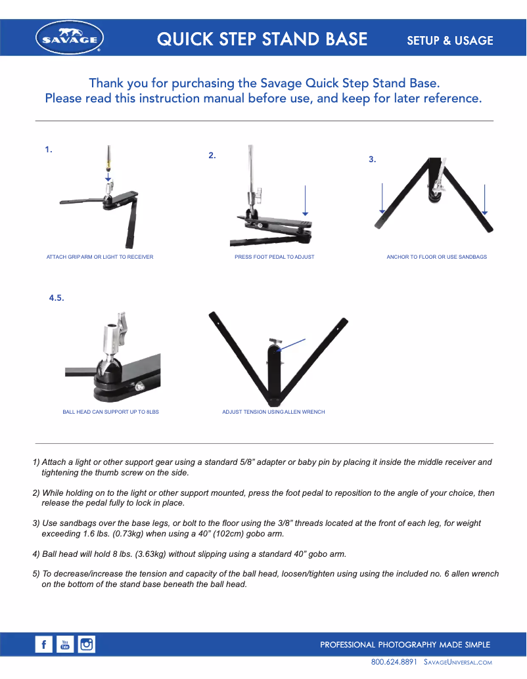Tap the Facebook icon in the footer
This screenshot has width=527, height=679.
(x=44, y=645)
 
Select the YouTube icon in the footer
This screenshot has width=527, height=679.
(x=65, y=645)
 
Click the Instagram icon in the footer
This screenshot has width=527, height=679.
(x=86, y=645)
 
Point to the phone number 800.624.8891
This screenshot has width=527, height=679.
(x=394, y=662)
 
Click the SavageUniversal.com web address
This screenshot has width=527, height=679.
(x=458, y=662)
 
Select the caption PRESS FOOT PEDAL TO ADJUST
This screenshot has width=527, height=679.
(x=274, y=257)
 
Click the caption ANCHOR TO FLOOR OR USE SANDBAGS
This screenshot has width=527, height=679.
(x=436, y=257)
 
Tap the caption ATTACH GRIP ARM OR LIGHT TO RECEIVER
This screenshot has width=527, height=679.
(x=100, y=257)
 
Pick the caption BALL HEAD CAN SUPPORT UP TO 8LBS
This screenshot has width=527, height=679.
(x=110, y=412)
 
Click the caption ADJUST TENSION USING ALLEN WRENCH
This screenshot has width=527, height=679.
(x=273, y=412)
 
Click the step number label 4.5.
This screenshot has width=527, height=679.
(x=57, y=298)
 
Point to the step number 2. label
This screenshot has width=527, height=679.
(x=212, y=156)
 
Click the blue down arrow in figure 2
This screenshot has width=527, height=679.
(x=305, y=200)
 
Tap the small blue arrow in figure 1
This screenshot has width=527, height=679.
(x=108, y=175)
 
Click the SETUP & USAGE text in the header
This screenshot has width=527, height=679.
(x=449, y=40)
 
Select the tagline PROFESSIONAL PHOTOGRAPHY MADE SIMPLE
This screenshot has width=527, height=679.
(x=405, y=645)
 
